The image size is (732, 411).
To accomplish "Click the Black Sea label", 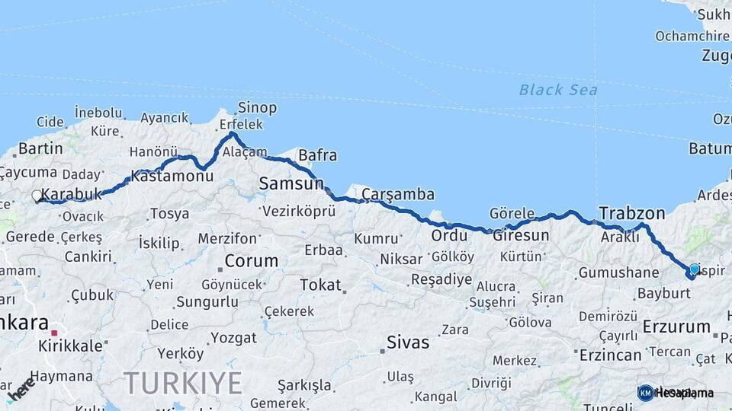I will point(558,90).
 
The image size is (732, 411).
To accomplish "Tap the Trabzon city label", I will point(631,213).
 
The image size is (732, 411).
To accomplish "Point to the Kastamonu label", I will point(172,176).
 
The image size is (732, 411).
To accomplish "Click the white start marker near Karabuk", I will point(37,196).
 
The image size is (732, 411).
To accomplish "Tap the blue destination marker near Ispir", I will point(694,269).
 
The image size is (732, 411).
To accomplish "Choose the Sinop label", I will point(257,108).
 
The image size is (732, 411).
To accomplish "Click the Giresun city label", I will point(521,235).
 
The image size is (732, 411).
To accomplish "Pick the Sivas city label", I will point(408,342).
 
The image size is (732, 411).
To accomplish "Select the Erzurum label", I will point(676,327).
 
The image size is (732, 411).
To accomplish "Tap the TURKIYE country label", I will point(183,383).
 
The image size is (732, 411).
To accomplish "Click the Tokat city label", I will point(320,285).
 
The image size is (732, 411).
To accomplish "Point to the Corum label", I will point(251,261).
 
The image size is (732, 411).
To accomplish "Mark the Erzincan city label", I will point(610,355).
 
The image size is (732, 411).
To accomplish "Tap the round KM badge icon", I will point(646,393).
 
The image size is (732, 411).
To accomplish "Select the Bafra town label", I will point(317,155).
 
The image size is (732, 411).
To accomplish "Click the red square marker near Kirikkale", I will point(54,333).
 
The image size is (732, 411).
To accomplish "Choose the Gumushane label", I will point(618,272).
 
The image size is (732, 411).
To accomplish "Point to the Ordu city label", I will point(449,235).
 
